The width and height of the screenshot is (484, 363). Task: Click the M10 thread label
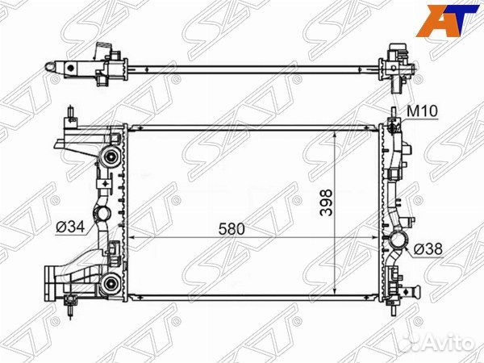pyautogui.click(x=421, y=111)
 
